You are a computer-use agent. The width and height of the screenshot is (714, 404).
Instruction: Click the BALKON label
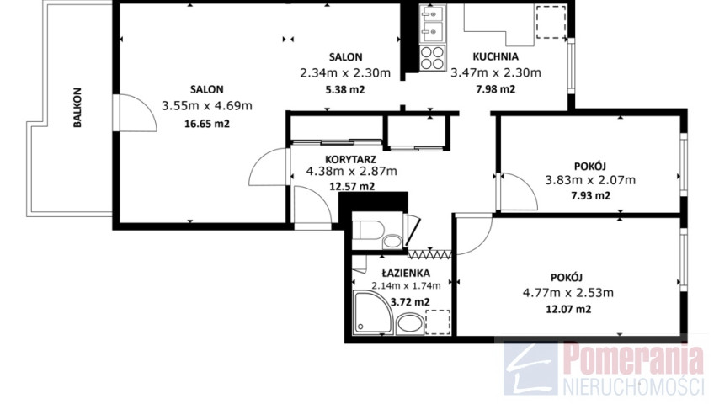(77, 108)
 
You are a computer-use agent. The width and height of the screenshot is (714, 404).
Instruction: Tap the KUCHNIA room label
(495, 57)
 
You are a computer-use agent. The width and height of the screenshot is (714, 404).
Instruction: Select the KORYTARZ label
(350, 159)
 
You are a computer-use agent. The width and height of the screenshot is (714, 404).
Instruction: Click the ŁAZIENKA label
(406, 273)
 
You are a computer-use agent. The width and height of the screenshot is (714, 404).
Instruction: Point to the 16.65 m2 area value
(207, 123)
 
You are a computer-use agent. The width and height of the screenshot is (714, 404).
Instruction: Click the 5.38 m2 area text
(345, 89)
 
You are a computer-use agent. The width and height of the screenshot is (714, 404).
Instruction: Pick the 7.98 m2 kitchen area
(495, 89)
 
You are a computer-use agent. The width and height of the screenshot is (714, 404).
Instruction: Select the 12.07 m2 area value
(568, 310)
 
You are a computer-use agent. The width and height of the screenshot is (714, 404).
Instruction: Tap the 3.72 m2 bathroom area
(410, 302)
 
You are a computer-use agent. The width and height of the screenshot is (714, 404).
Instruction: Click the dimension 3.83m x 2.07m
(590, 180)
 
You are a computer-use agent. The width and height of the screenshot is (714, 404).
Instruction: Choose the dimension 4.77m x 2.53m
(568, 293)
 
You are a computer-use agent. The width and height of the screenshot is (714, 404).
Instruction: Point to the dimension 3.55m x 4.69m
(207, 106)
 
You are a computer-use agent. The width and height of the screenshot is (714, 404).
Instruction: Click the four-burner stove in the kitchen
(432, 58)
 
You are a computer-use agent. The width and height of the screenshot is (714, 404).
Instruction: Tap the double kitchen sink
(433, 24)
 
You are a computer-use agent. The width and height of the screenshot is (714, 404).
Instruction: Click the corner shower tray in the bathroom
(373, 312)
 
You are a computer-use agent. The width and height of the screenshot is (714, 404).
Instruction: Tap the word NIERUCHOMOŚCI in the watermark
(633, 385)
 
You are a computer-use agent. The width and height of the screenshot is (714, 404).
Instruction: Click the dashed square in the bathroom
(438, 322)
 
